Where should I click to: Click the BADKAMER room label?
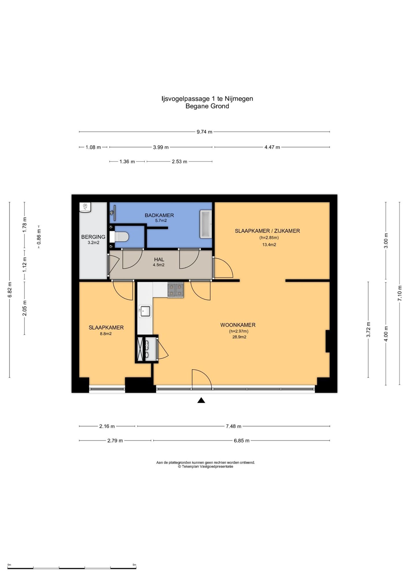pyautogui.click(x=159, y=215)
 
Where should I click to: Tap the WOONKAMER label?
pyautogui.click(x=238, y=325)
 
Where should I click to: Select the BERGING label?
pyautogui.click(x=93, y=237)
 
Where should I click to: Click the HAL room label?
pyautogui.click(x=159, y=260)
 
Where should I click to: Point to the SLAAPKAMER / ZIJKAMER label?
pyautogui.click(x=267, y=231)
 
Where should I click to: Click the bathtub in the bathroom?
pyautogui.click(x=206, y=224)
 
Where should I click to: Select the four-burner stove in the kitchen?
pyautogui.click(x=175, y=290)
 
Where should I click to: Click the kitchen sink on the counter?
pyautogui.click(x=145, y=312)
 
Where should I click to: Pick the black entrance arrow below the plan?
pyautogui.click(x=201, y=400)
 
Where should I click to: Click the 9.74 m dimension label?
pyautogui.click(x=204, y=132)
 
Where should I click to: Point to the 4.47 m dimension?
pyautogui.click(x=272, y=147)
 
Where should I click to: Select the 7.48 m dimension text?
pyautogui.click(x=234, y=426)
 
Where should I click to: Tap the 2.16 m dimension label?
pyautogui.click(x=107, y=426)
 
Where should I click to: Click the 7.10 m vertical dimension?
pyautogui.click(x=400, y=293)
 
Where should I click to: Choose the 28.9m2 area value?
pyautogui.click(x=239, y=337)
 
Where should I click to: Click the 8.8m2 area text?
pyautogui.click(x=106, y=334)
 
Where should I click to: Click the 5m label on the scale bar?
pyautogui.click(x=134, y=565)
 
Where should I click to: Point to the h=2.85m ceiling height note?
pyautogui.click(x=269, y=238)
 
